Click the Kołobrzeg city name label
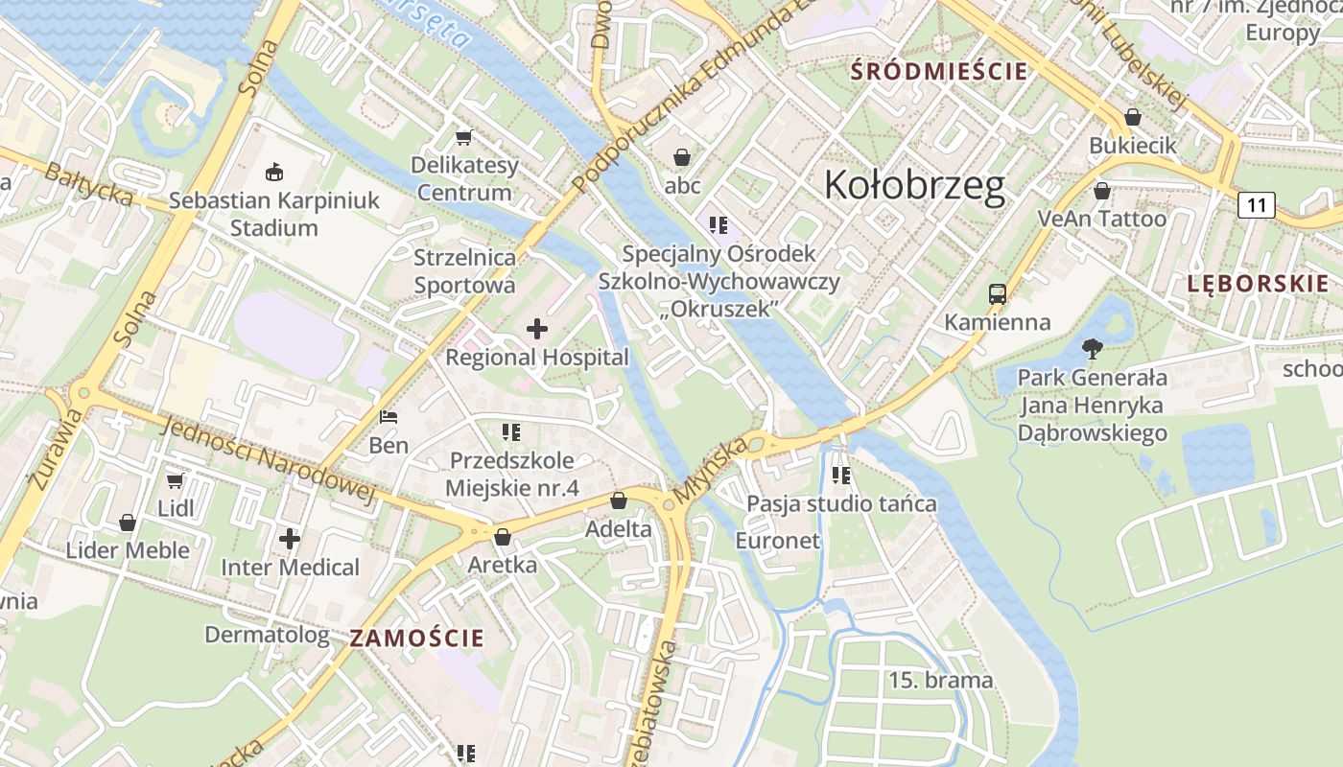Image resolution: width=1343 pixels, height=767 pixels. pos(914,185)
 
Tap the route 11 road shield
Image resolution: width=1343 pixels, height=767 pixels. pos(1256,204)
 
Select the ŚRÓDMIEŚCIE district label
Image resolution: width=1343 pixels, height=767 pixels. pos(940,71)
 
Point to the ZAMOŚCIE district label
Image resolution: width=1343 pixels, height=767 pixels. pos(417,638)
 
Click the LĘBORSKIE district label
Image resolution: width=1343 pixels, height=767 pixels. pos(1258,283)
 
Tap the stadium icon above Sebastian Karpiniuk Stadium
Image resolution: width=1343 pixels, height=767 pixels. pos(274,173)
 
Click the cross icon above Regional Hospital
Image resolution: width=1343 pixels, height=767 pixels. pos(537,330)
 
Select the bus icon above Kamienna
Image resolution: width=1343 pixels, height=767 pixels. pos(998,294)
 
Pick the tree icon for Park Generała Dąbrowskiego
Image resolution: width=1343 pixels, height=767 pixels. pos(1092,349)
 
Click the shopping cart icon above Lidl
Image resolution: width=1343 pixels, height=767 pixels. pos(175,480)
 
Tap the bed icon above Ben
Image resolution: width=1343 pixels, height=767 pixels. pos(389,417)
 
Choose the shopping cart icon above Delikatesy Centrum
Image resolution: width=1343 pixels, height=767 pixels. pos(464,138)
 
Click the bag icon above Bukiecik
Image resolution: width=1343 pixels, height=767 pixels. pos(1133,117)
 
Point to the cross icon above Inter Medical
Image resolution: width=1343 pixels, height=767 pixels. pos(290,539)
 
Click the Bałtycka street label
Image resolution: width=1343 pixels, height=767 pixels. pos(88,182)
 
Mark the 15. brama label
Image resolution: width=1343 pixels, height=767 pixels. pos(940,681)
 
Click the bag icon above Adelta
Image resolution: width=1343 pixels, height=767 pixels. pos(619,500)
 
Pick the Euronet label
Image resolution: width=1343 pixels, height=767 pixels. pos(777,541)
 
